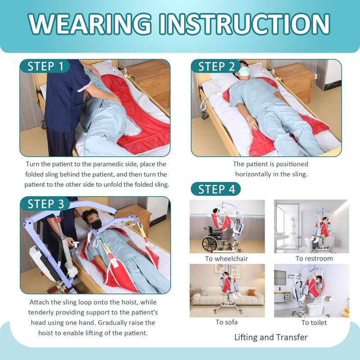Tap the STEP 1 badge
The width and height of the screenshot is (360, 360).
(x=45, y=66)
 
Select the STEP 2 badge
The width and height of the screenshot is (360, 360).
(x=216, y=67)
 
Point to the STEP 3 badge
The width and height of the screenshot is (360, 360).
(x=45, y=203)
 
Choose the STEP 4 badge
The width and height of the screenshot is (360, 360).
(x=216, y=189)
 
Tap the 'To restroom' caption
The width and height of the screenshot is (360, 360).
(x=314, y=259)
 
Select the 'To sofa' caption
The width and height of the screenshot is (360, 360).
(x=226, y=322)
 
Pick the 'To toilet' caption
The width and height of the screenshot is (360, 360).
(x=314, y=323)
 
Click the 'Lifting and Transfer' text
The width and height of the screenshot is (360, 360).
(x=271, y=337)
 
